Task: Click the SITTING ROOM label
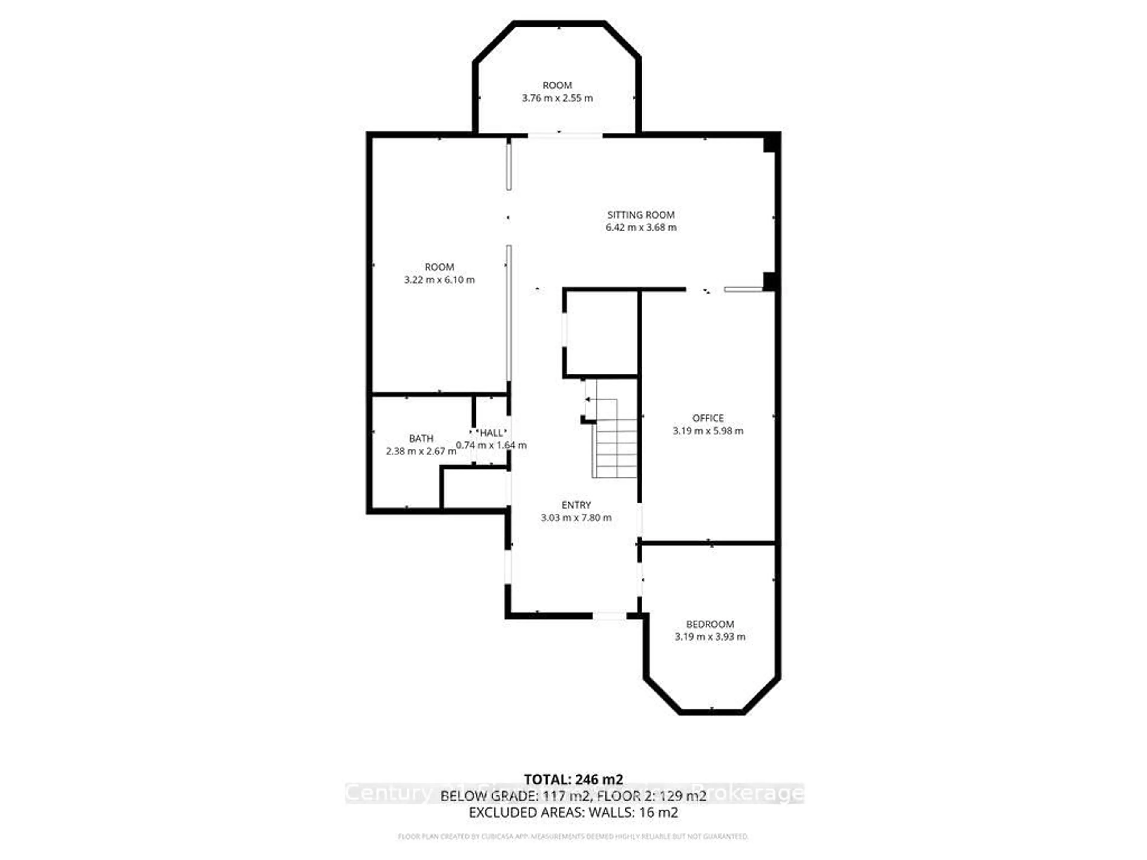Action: [x=641, y=215]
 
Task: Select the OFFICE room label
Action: [x=708, y=418]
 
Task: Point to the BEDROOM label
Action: [x=710, y=624]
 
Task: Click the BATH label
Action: [x=421, y=439]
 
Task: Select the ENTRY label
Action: [x=576, y=505]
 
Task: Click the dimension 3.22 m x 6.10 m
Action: [x=439, y=280]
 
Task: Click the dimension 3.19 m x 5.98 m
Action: [x=708, y=431]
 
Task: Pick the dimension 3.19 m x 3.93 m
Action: [x=710, y=637]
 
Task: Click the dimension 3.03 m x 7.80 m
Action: [x=576, y=517]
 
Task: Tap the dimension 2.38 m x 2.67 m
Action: [x=421, y=451]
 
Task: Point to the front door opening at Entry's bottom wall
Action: [x=610, y=616]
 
